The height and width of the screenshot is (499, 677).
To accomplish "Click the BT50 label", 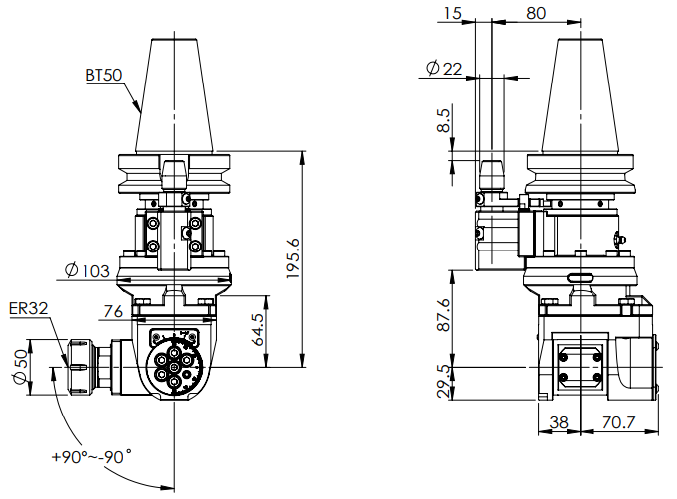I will click(x=104, y=74).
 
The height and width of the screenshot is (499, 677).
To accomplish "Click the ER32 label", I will click(x=27, y=309).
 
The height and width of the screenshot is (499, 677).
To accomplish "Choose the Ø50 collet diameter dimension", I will click(x=21, y=368).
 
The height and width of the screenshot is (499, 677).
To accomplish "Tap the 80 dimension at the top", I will click(x=536, y=13).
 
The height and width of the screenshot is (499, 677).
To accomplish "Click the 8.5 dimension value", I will click(x=444, y=121).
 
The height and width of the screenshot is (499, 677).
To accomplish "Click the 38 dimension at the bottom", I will click(x=559, y=422).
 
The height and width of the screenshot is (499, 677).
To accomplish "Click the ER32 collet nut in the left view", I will click(x=79, y=367).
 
